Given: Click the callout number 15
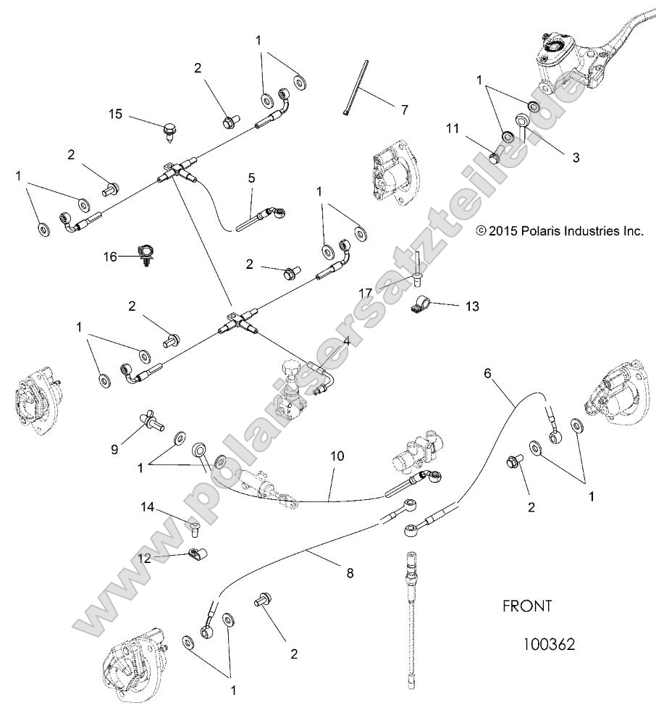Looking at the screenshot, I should pos(116,114).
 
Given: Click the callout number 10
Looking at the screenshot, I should pos(337,456).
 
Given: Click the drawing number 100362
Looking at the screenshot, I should pos(548,643).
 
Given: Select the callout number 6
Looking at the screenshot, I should pos(487,374).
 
